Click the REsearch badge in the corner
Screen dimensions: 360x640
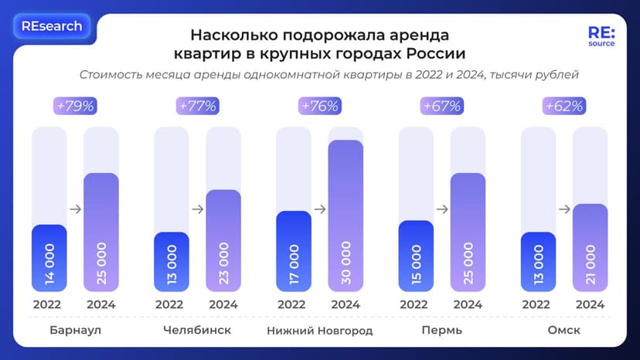coord(52,26)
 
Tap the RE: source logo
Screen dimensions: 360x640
coord(601,37)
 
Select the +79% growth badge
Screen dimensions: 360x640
coord(75,106)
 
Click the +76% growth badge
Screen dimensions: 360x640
coord(320,106)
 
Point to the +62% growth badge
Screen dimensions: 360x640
coord(564,106)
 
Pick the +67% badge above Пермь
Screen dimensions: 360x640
coord(442,106)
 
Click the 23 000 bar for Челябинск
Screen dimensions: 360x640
coord(223,240)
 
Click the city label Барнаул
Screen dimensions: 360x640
coord(75,331)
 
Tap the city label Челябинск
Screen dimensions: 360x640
coord(197,331)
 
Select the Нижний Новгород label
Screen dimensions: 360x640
coord(320,331)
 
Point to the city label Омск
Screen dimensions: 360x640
coord(564,331)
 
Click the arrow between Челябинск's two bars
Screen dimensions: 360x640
coord(197,209)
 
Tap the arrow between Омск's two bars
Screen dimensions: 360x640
coord(564,209)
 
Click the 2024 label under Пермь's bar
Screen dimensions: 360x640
coord(468,304)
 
